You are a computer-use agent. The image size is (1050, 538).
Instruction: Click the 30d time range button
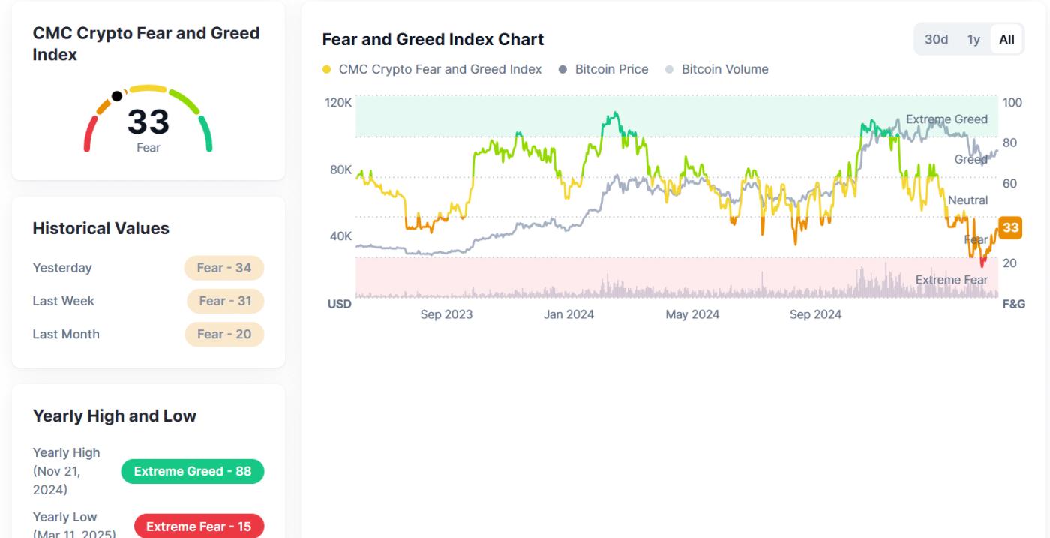click(936, 39)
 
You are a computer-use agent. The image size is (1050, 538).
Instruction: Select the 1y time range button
click(973, 39)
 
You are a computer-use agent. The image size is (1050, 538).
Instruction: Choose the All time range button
click(1006, 39)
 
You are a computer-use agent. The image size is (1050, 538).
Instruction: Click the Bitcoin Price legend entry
click(611, 69)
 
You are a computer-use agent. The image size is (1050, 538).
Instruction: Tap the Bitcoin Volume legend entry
click(724, 69)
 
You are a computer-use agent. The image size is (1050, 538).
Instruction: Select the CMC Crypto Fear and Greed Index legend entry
click(439, 69)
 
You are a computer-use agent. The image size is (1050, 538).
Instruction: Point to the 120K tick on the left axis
click(338, 102)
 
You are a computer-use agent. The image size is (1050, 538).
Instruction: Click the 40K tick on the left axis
click(340, 236)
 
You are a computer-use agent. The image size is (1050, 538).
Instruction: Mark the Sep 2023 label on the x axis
click(446, 314)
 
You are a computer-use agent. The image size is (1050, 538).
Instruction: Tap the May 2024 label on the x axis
click(691, 314)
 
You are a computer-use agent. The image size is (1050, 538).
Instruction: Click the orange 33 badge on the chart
click(1010, 227)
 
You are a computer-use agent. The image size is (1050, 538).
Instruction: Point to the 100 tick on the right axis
click(1012, 102)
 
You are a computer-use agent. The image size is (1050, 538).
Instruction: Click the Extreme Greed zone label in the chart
click(946, 119)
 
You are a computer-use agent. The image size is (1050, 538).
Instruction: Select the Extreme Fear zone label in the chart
click(951, 280)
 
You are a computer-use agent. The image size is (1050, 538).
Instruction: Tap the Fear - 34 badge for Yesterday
click(224, 268)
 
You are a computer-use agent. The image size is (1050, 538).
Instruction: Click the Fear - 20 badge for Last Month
click(224, 334)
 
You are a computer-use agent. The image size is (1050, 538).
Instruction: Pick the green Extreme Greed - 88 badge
click(192, 471)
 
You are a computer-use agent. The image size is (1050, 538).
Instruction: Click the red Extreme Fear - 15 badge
click(199, 527)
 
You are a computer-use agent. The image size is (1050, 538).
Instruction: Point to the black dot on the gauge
click(116, 96)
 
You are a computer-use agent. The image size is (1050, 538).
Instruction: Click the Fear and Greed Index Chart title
click(433, 39)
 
